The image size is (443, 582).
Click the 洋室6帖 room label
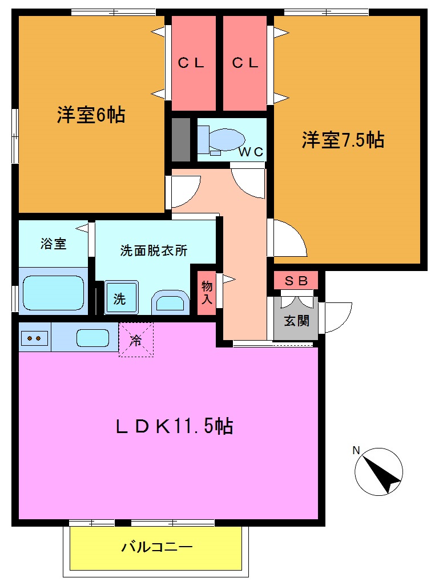point(91,115)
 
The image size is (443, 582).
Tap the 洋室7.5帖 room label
point(343,140)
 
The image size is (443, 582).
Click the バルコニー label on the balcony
point(156,548)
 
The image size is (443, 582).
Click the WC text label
point(251,152)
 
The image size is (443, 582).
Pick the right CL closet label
point(245,63)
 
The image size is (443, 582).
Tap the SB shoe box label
point(296,281)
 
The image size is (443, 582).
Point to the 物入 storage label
point(207,292)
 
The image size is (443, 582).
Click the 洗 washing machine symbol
point(120,298)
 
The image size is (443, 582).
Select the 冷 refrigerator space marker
point(136,341)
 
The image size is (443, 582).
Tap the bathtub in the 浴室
point(53,293)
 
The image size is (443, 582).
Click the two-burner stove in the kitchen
point(34,338)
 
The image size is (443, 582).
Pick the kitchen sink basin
point(92,338)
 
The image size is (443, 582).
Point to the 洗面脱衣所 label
point(154,251)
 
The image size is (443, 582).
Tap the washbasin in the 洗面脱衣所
point(171,301)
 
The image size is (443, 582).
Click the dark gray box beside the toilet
point(180,139)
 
